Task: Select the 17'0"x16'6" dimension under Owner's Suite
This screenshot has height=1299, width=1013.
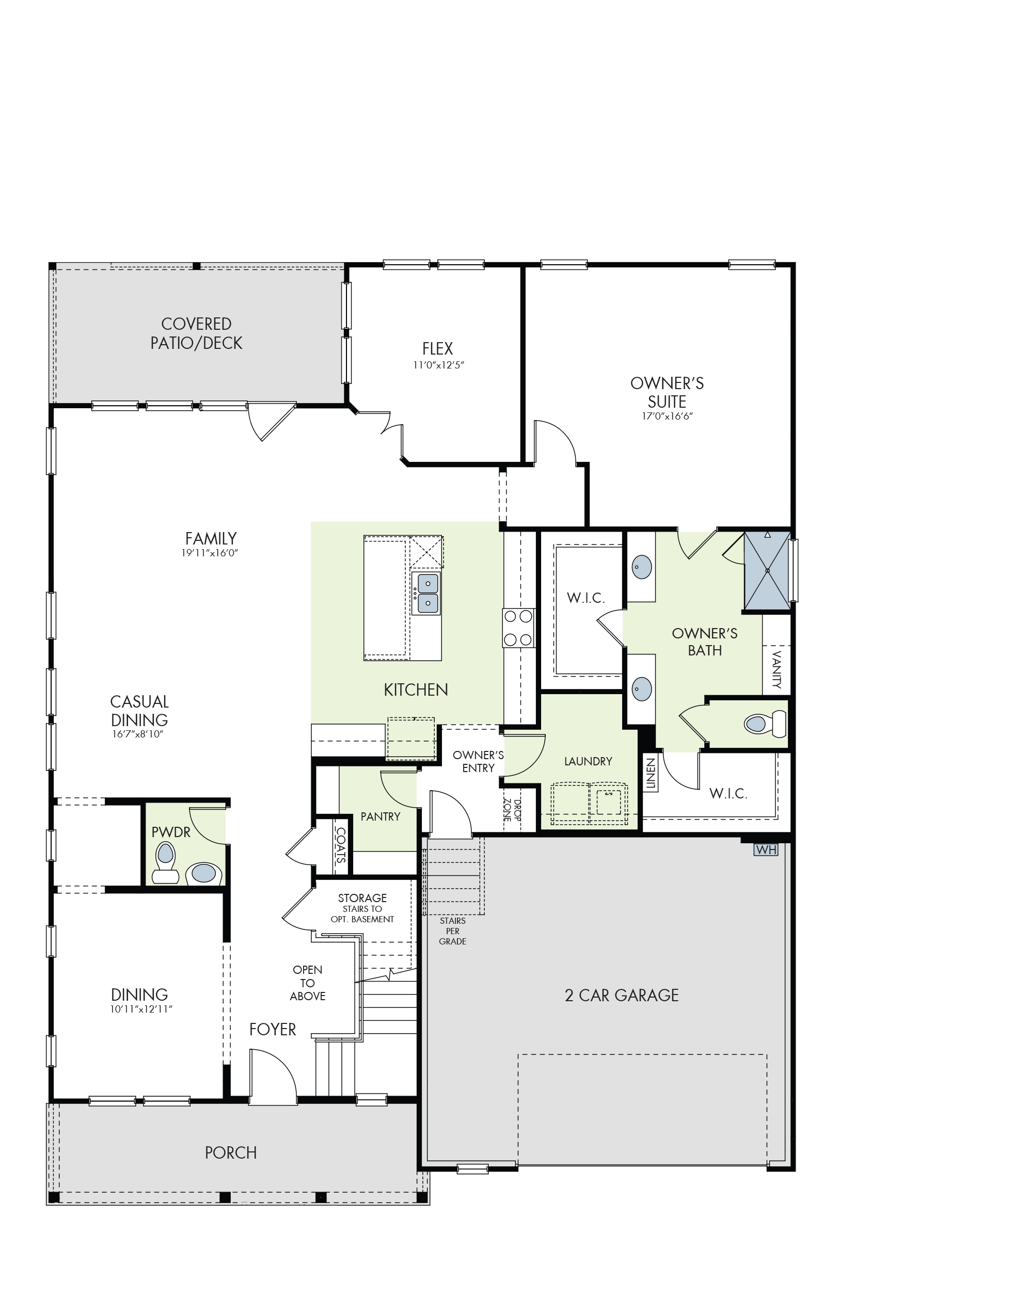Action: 667,416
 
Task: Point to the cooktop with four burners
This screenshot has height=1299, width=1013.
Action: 518,628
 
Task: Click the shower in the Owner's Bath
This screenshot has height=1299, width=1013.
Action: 767,570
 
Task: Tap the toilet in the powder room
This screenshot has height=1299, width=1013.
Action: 165,863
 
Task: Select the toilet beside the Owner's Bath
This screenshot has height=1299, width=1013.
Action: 765,724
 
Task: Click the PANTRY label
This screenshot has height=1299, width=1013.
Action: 381,816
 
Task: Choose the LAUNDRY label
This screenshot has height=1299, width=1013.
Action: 588,761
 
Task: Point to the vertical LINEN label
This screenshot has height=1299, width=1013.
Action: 651,774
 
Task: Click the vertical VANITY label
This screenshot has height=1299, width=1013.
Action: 776,670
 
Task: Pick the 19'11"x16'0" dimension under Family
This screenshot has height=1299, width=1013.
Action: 210,553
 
